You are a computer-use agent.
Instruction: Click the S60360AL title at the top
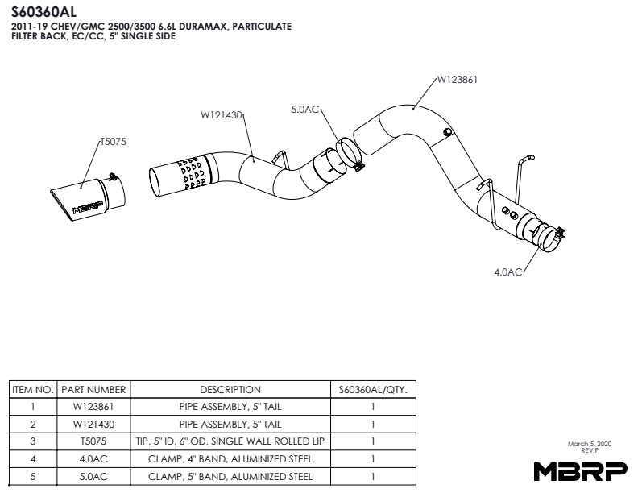[x=45, y=11]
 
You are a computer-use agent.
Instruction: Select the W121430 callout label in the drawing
[x=222, y=115]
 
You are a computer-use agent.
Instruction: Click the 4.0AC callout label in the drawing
[x=509, y=272]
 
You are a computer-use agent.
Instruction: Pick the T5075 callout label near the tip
[x=113, y=141]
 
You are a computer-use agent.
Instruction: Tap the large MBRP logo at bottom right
[x=573, y=470]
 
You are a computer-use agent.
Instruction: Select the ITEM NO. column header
[x=33, y=389]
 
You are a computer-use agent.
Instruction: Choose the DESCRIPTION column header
[x=230, y=389]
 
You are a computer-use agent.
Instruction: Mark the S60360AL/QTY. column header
[x=373, y=389]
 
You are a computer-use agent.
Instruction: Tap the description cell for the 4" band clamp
[x=230, y=459]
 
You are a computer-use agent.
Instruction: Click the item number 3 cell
[x=33, y=441]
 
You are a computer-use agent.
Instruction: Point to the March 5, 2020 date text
[x=590, y=444]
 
